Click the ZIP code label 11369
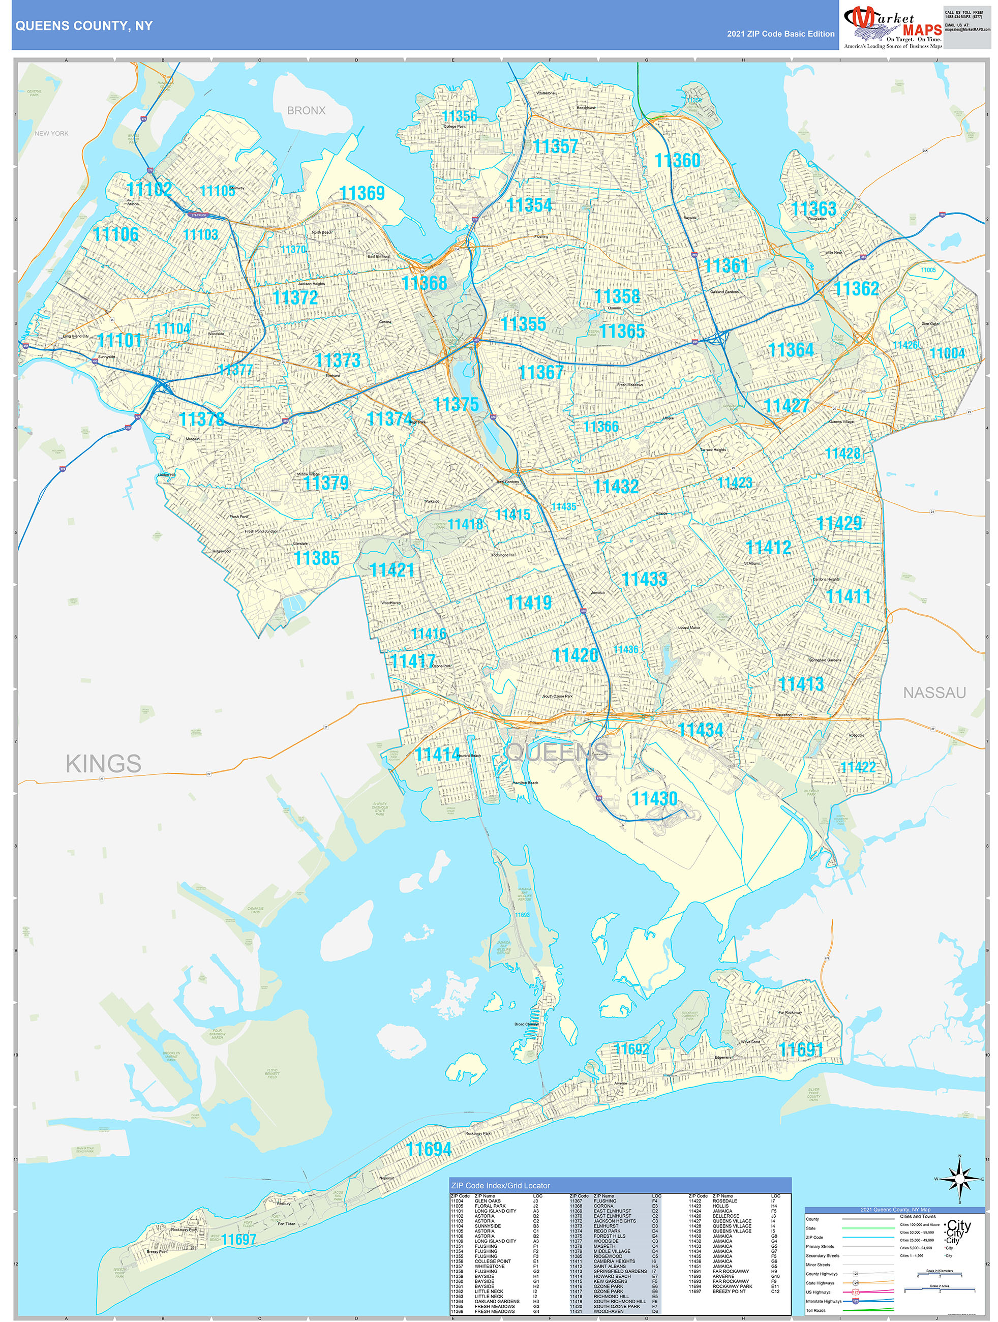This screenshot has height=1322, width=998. click(x=361, y=194)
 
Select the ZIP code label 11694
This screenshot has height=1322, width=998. click(x=429, y=1149)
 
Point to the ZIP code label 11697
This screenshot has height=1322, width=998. click(x=238, y=1240)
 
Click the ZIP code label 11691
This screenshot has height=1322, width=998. click(x=801, y=1049)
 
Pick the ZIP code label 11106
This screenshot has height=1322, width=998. click(x=115, y=234)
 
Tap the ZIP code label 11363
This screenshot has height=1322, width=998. click(x=813, y=209)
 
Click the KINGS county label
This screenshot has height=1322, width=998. click(x=103, y=764)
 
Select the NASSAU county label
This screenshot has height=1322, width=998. click(x=934, y=693)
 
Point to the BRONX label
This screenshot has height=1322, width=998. click(x=306, y=110)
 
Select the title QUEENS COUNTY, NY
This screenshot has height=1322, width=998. click(x=84, y=26)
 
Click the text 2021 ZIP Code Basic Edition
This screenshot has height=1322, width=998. click(x=780, y=34)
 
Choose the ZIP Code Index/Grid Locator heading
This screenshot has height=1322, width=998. click(x=500, y=1185)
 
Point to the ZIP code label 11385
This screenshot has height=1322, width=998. click(x=316, y=558)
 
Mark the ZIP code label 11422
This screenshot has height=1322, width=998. click(x=858, y=767)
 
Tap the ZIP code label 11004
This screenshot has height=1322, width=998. click(x=947, y=353)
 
